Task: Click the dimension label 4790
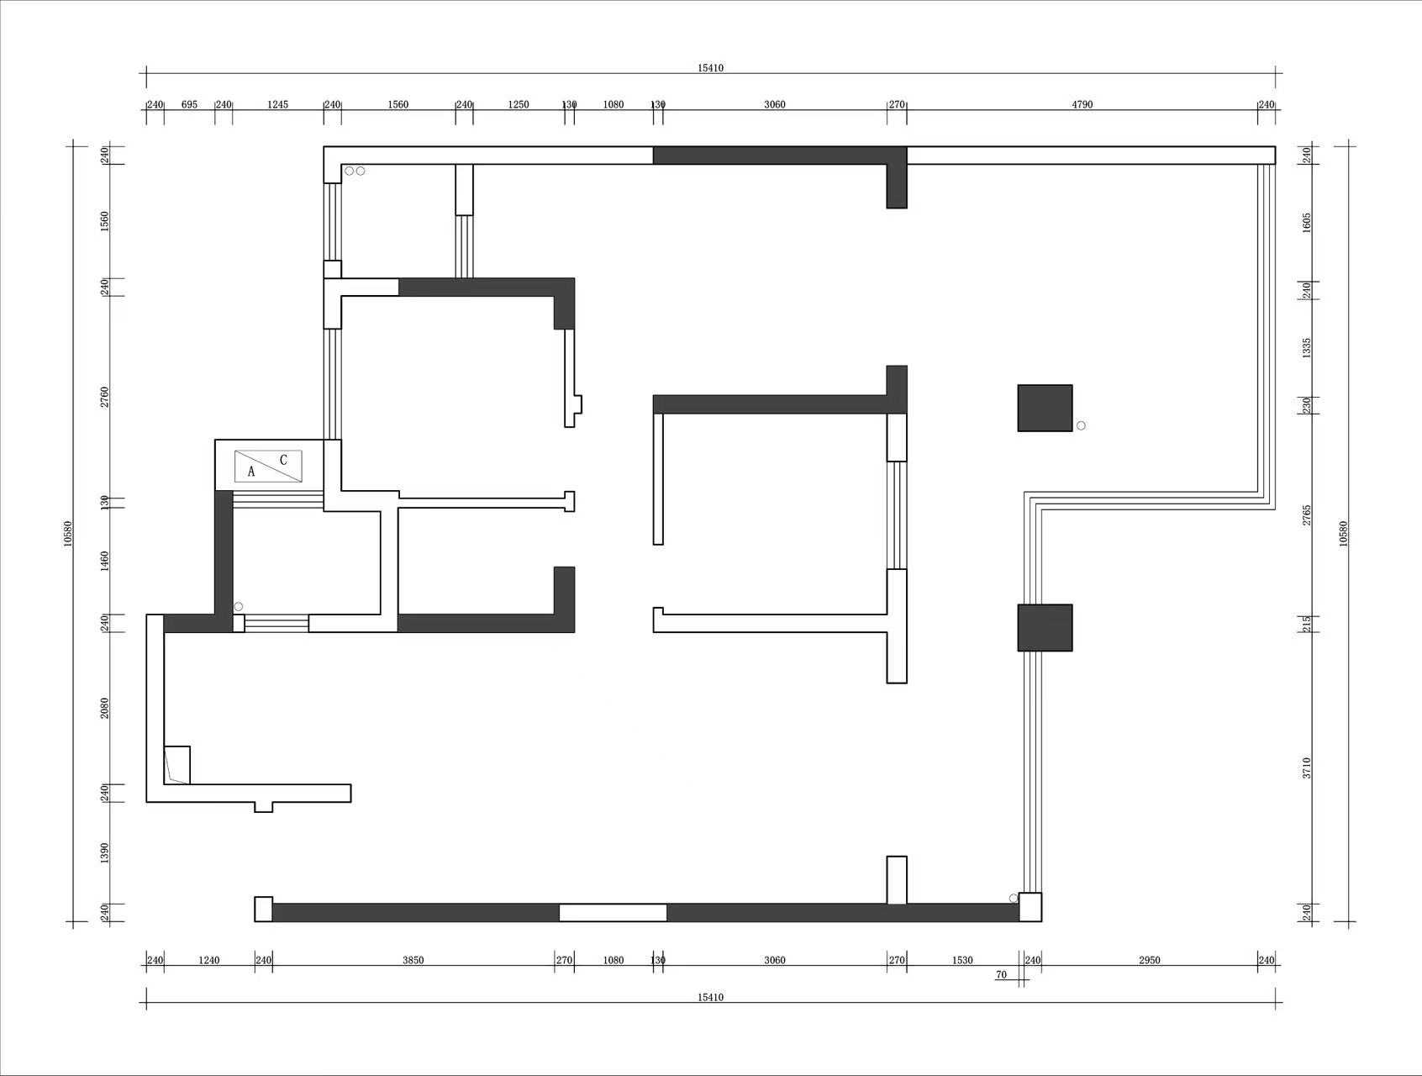click(x=1082, y=104)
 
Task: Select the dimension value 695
click(x=189, y=104)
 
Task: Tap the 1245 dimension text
click(x=277, y=104)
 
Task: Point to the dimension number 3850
click(x=413, y=960)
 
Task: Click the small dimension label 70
click(x=1001, y=975)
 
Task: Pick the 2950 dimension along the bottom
click(x=1149, y=960)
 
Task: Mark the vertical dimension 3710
click(x=1307, y=767)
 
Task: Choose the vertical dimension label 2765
click(x=1307, y=515)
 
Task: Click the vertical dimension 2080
click(x=105, y=708)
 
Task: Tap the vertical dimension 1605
click(x=1307, y=223)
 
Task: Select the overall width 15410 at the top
click(x=710, y=68)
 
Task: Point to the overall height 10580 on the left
click(x=68, y=534)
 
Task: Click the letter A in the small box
click(x=251, y=472)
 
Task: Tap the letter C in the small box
click(x=283, y=460)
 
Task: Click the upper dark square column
click(x=1045, y=408)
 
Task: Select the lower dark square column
click(x=1045, y=627)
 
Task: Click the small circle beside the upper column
click(x=1081, y=425)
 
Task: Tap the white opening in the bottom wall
click(x=613, y=912)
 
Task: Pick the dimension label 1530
click(x=962, y=960)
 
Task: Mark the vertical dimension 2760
click(x=105, y=397)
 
